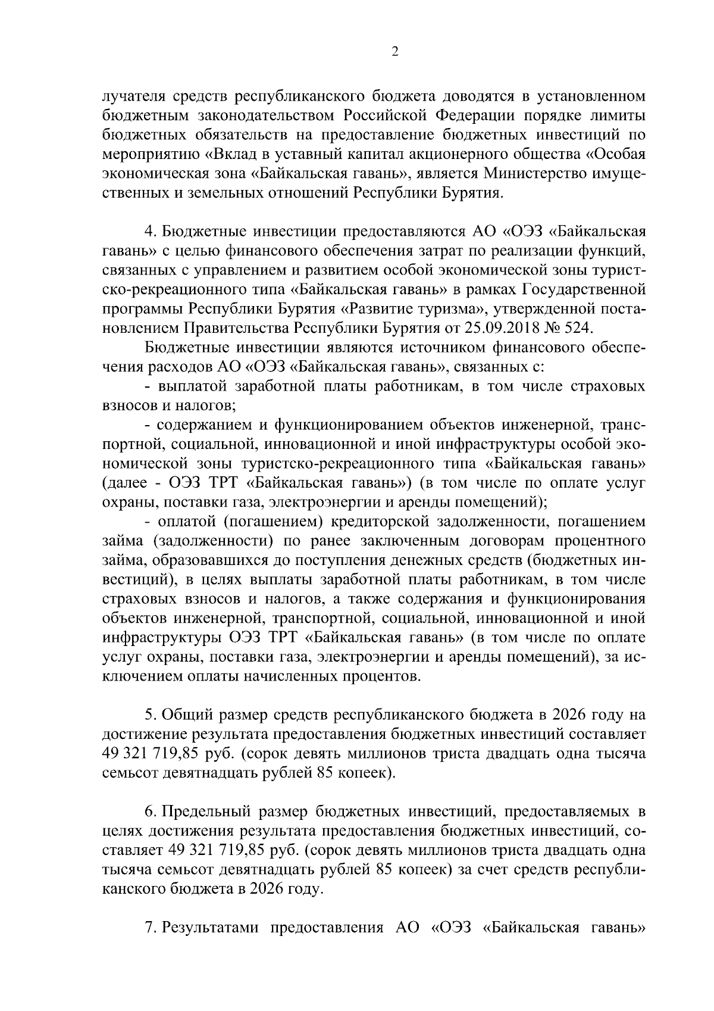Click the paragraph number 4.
pos(150,232)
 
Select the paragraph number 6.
pos(150,811)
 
